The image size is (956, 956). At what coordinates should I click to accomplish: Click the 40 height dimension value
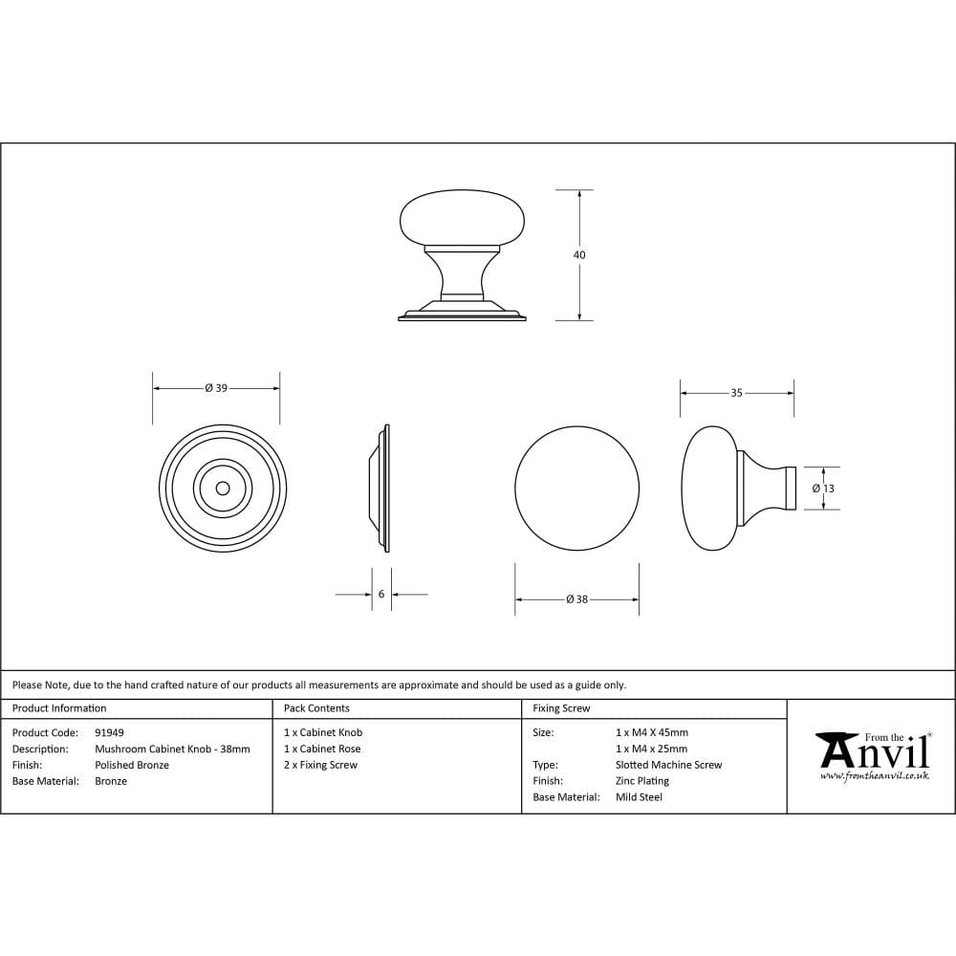(579, 255)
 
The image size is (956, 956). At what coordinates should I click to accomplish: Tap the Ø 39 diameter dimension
(216, 388)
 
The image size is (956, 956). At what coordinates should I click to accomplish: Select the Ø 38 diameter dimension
(576, 599)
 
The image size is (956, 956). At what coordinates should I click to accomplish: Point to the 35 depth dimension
(736, 392)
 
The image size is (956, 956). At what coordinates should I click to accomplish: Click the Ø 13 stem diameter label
(823, 488)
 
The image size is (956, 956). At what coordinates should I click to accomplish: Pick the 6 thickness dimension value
(381, 594)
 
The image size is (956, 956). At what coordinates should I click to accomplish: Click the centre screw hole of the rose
(223, 488)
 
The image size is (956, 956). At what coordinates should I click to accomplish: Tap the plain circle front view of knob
(576, 488)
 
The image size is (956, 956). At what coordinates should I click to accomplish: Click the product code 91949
(109, 732)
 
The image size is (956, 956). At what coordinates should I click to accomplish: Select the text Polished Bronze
(132, 765)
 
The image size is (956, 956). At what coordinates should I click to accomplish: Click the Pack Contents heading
(316, 708)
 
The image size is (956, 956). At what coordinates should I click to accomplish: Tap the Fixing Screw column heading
(561, 708)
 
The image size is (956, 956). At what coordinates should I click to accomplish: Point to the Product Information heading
(59, 708)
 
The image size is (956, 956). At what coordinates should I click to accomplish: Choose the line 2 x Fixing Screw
(320, 765)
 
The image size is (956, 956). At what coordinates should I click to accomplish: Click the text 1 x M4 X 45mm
(652, 732)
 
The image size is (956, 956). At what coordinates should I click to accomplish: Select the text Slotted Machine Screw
(669, 765)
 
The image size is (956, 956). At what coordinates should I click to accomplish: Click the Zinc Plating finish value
(642, 781)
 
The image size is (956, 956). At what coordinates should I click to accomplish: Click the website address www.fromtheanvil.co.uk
(874, 775)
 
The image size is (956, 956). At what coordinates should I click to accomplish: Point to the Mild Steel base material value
(639, 797)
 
